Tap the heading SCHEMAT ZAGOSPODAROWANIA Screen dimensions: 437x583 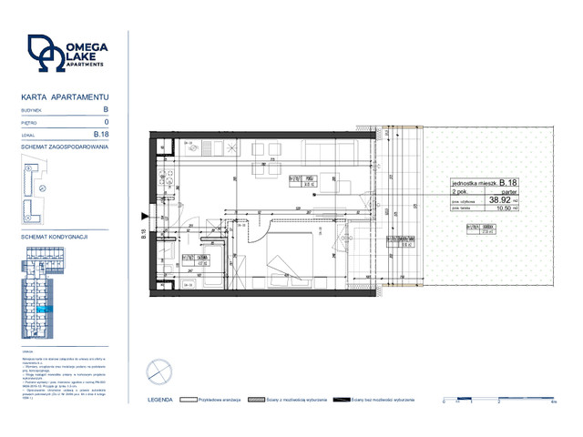coord(64,147)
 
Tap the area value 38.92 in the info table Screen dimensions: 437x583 coord(498,198)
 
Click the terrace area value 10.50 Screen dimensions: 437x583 coord(498,208)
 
